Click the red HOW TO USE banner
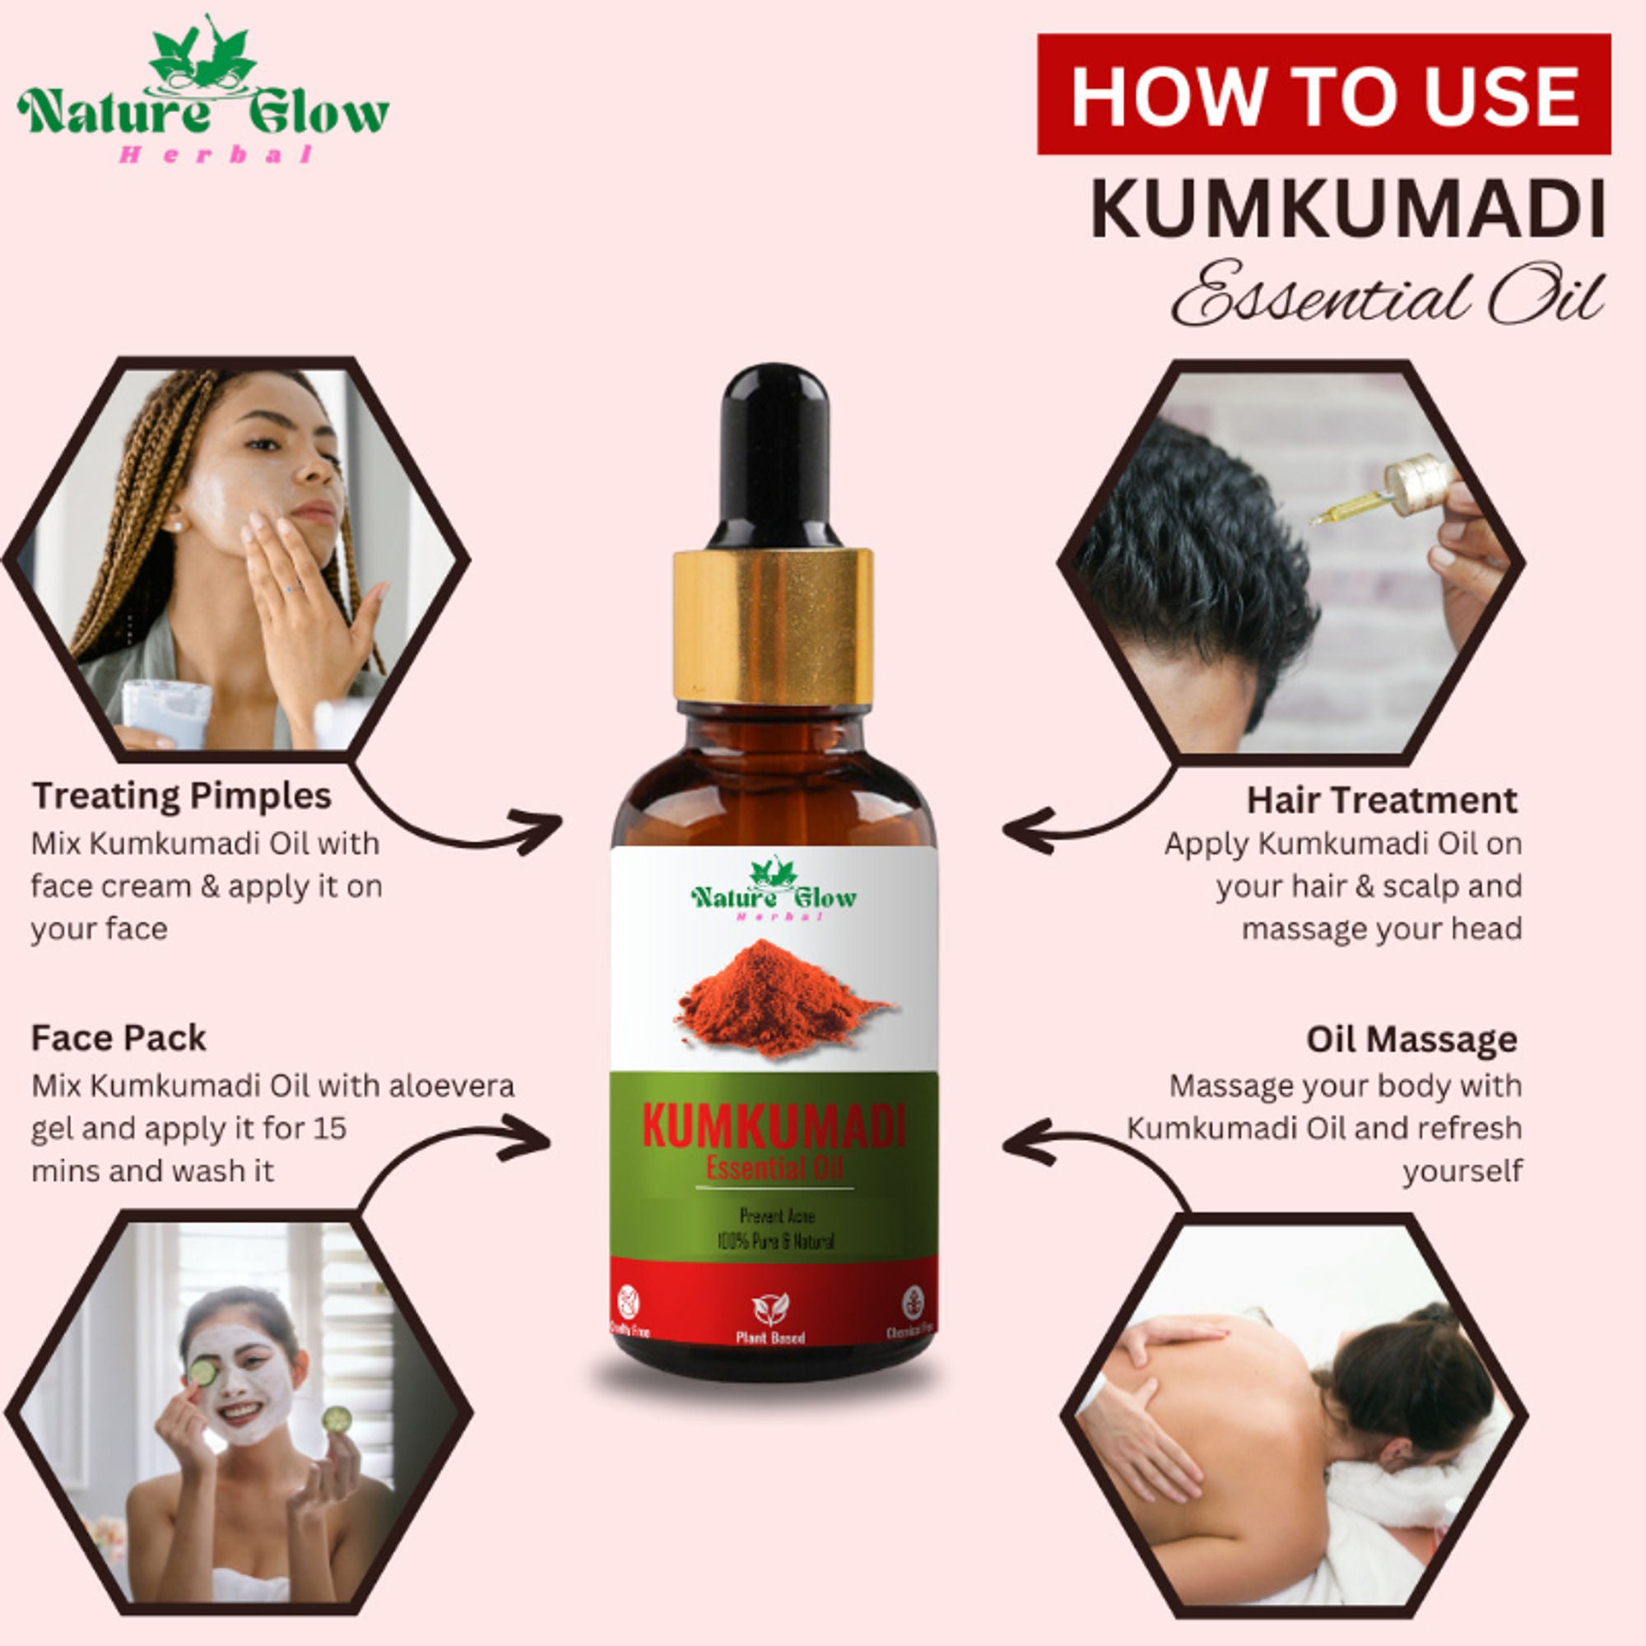tap(1323, 94)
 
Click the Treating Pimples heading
tap(181, 797)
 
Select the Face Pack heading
tap(119, 1039)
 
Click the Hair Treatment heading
tap(1381, 801)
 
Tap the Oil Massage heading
tap(1411, 1039)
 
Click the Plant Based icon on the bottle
tap(770, 1309)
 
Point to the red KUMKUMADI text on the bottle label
tap(773, 1128)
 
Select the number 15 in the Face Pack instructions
tap(330, 1129)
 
